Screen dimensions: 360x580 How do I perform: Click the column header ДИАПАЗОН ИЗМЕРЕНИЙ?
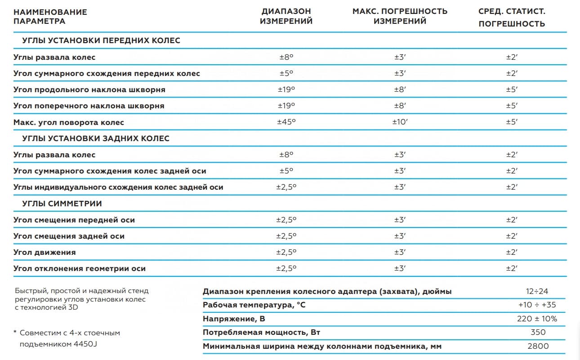[286, 16]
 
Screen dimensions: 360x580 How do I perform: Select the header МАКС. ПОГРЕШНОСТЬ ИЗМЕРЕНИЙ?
[400, 16]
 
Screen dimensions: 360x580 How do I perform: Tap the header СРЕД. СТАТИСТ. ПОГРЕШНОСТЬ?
[512, 18]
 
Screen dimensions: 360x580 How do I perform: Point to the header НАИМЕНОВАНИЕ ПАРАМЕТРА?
[50, 16]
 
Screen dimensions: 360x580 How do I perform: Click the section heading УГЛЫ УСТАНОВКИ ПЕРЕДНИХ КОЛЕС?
[101, 40]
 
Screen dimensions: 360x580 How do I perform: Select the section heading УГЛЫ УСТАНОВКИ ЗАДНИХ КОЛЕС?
[96, 138]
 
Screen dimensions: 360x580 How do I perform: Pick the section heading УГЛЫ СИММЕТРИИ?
[62, 204]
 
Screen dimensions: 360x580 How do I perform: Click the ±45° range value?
[286, 122]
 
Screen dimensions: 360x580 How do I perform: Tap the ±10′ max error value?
[400, 122]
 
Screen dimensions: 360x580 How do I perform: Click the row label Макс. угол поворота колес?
[69, 122]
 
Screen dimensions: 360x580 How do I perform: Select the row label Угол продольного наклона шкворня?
[89, 89]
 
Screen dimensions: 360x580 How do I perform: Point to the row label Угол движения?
[45, 252]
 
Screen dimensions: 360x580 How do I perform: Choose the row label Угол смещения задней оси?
[69, 236]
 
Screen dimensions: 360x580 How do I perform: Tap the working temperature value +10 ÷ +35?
[537, 305]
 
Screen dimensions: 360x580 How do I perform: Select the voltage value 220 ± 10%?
[537, 319]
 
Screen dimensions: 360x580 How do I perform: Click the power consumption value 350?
[538, 332]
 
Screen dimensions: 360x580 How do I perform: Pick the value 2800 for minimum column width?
[538, 346]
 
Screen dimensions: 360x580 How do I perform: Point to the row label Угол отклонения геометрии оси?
[80, 268]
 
